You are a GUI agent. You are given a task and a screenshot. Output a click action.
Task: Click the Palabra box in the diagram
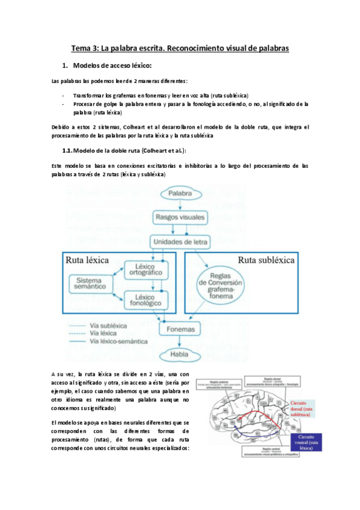(180, 194)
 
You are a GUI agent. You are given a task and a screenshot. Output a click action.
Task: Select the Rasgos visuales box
(180, 217)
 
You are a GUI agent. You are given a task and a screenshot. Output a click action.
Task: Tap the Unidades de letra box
(180, 242)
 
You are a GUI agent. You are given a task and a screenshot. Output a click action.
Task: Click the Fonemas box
(180, 329)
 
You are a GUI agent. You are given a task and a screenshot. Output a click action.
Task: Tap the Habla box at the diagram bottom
(180, 355)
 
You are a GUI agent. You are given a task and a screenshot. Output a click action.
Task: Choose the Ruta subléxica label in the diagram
(266, 260)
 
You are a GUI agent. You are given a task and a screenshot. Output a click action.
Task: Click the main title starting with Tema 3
(180, 47)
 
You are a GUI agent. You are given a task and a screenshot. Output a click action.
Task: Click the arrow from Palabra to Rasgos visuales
(180, 206)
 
